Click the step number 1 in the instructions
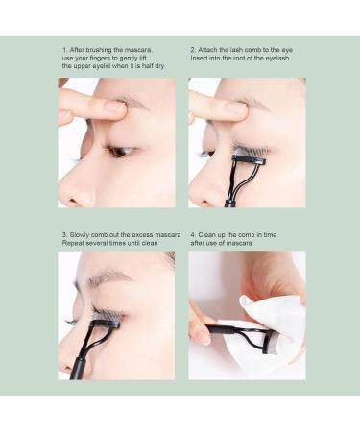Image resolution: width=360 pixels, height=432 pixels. click(x=63, y=48)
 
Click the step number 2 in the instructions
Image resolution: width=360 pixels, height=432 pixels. click(x=192, y=48)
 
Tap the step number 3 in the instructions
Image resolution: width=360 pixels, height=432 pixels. click(x=63, y=233)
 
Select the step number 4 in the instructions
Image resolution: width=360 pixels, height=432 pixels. click(x=192, y=233)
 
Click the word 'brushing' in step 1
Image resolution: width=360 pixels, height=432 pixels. click(x=99, y=48)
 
